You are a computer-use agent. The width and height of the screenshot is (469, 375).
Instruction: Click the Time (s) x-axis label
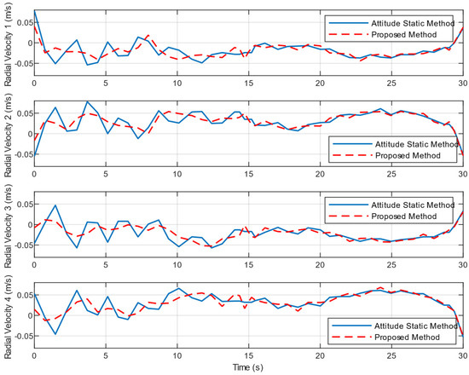point(247,368)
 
